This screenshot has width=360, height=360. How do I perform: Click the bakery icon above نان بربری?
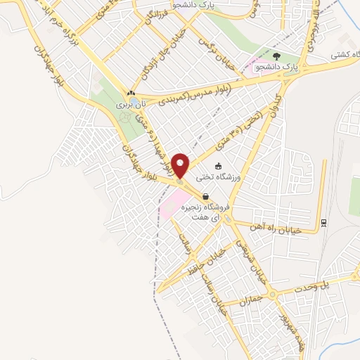[131, 93]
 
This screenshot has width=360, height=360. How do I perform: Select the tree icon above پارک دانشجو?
[277, 56]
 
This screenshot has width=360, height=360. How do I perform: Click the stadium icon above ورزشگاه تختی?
[219, 166]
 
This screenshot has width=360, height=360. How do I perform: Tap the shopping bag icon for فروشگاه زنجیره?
[205, 197]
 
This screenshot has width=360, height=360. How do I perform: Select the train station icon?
[323, 223]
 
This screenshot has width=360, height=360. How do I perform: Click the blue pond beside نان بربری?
[122, 103]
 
